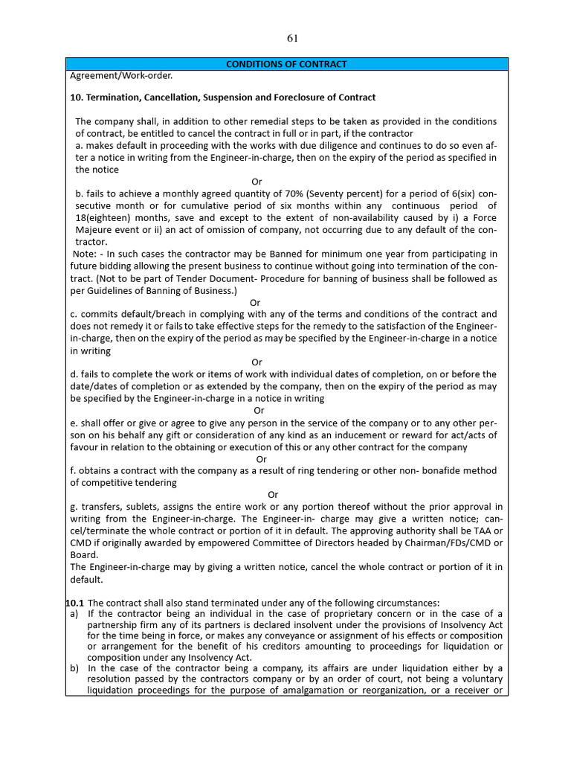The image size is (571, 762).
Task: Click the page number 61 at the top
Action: pos(291,39)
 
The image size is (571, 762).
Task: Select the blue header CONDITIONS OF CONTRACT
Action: pos(286,64)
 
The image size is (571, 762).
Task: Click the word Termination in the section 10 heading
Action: pos(118,97)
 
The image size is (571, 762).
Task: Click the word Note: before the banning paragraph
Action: pos(87,254)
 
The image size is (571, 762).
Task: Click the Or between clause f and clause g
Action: pos(273,495)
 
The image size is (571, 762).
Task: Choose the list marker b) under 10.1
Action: pos(74,668)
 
